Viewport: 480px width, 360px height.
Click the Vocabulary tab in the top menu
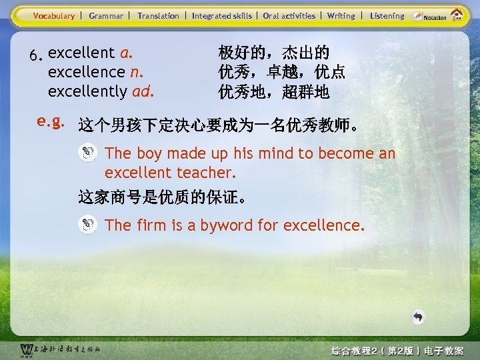click(54, 15)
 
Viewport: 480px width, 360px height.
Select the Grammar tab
click(106, 15)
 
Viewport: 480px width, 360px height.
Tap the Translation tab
click(158, 15)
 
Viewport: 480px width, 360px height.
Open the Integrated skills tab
click(222, 15)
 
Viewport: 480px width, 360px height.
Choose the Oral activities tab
click(289, 15)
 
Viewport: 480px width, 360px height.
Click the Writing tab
click(341, 15)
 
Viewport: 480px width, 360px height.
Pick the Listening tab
click(387, 15)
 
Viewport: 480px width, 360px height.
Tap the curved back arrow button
click(418, 317)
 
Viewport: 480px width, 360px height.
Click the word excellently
click(88, 91)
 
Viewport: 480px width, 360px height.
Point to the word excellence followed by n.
click(87, 72)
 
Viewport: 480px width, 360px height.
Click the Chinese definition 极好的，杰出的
click(274, 53)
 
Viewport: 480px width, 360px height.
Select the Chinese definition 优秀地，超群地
click(274, 91)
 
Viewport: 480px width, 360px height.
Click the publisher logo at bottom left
click(60, 349)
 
